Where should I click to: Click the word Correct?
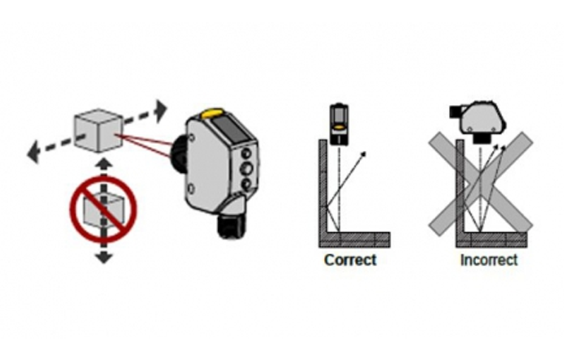(350, 259)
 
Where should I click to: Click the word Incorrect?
(489, 259)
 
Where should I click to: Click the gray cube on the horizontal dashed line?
(98, 129)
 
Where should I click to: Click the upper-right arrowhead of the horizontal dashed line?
(160, 109)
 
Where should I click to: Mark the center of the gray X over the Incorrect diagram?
(481, 180)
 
